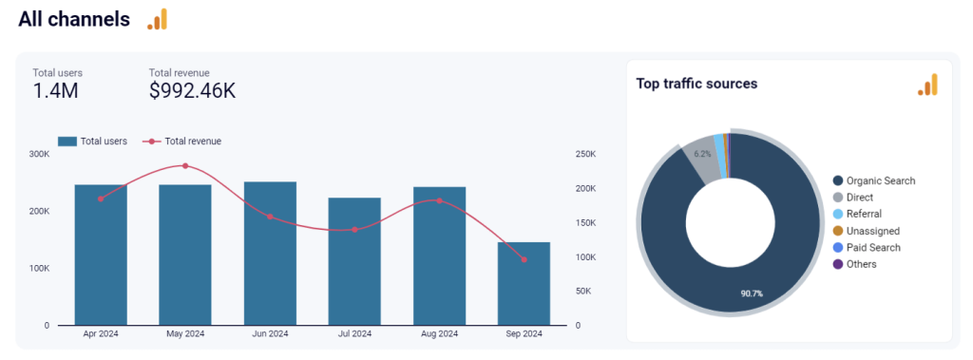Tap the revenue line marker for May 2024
(x=185, y=165)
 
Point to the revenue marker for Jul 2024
(x=354, y=230)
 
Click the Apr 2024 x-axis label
(x=101, y=333)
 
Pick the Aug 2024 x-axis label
(x=439, y=333)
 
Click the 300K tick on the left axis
(x=40, y=154)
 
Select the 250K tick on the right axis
(x=585, y=154)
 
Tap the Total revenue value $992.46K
(x=193, y=91)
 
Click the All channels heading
(x=74, y=19)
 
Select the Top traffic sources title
(x=696, y=84)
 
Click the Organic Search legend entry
(x=873, y=180)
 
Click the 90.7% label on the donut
(x=751, y=293)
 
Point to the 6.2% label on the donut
(x=702, y=154)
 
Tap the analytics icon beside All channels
(x=157, y=19)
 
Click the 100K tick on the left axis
(x=40, y=268)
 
